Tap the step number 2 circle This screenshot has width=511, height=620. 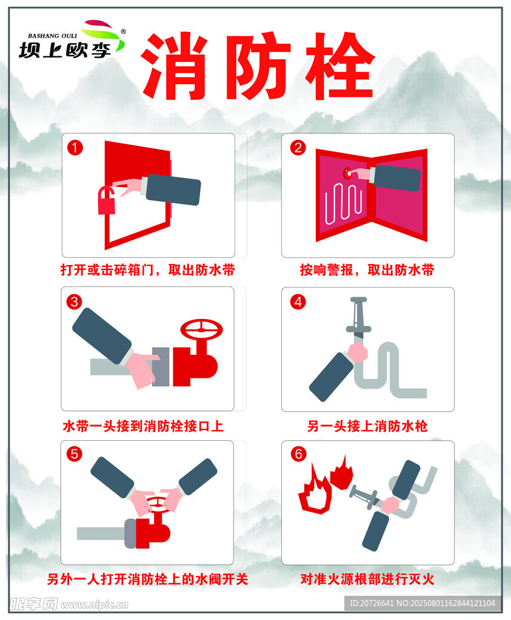298,148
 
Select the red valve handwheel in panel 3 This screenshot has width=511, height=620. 201,329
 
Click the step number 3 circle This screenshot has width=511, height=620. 74,302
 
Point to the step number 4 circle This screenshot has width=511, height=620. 298,302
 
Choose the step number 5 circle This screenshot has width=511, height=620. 74,454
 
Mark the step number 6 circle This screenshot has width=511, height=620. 298,454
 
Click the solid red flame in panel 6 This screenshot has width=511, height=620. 341,473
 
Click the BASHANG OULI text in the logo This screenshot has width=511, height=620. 52,36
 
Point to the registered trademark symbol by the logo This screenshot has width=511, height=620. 123,31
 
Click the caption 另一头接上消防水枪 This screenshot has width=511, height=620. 367,426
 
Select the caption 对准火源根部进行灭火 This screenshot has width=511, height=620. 367,579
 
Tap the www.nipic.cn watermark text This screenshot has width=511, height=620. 95,605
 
